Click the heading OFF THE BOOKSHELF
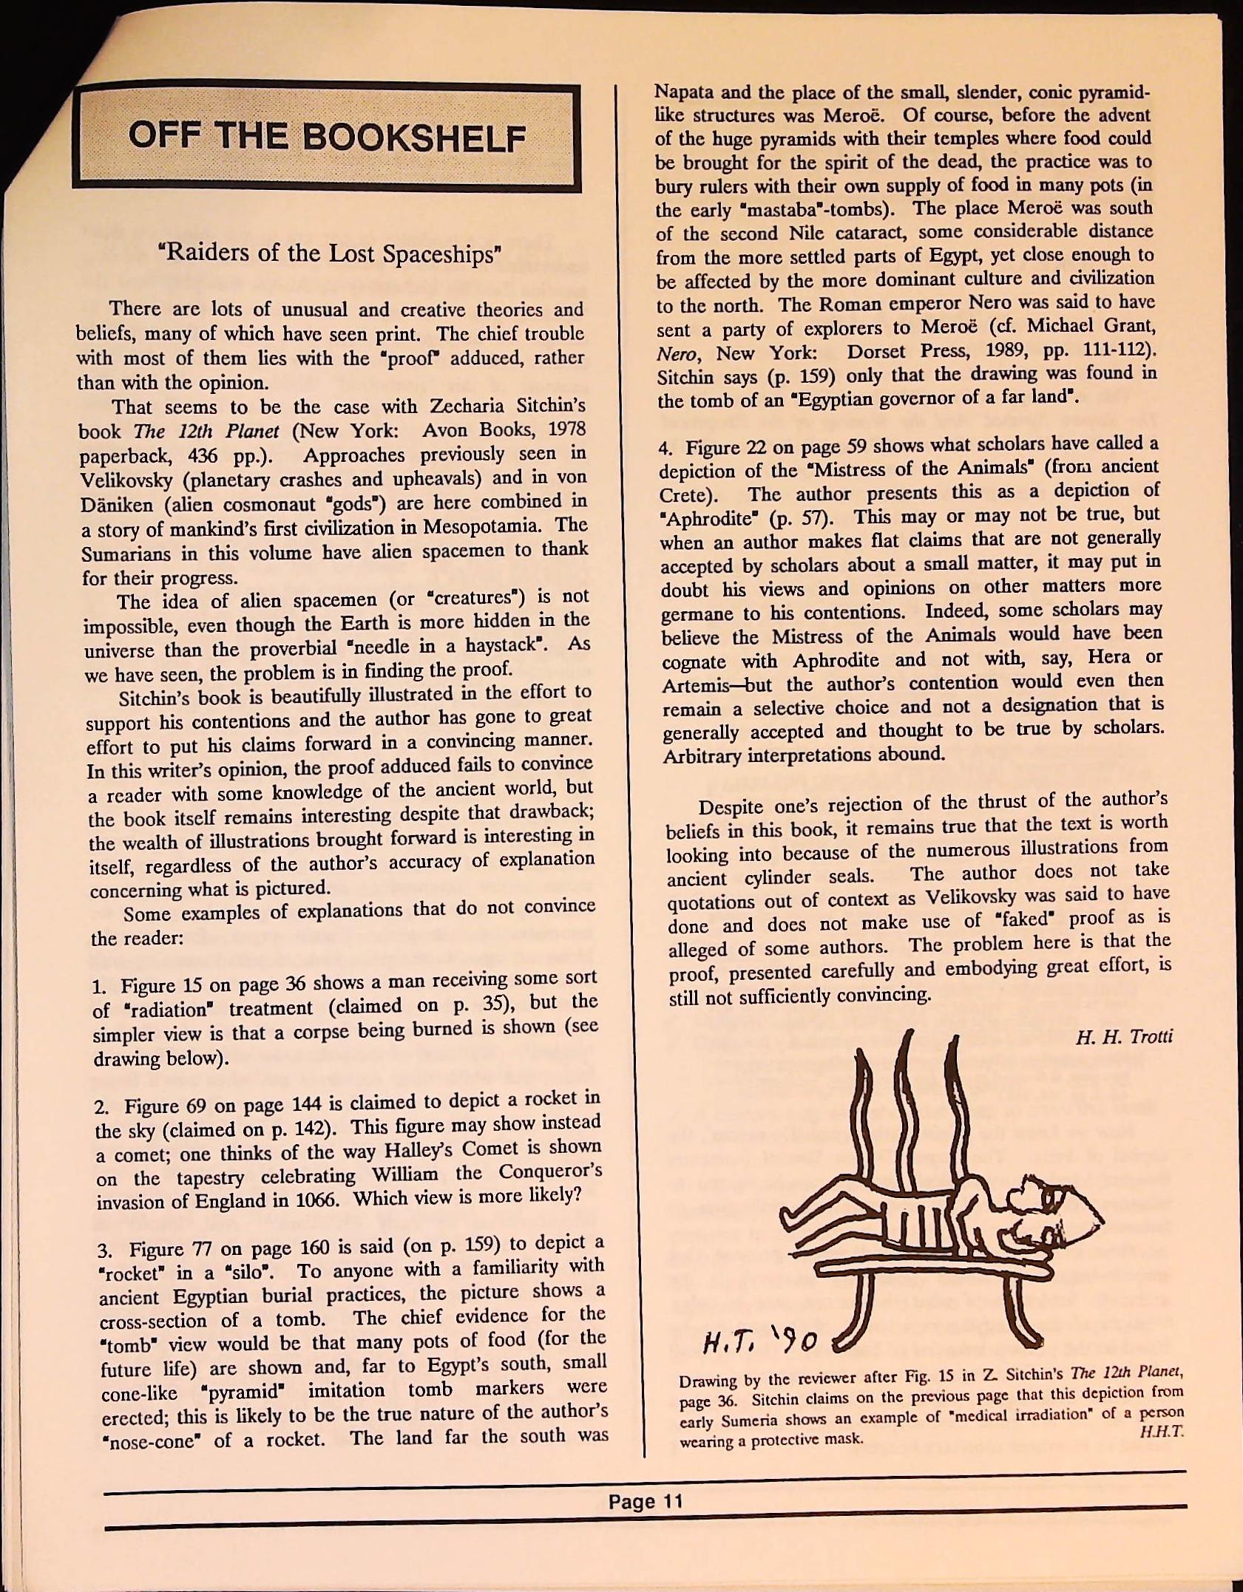coord(326,137)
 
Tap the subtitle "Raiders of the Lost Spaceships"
coord(330,254)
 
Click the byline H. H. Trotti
coord(1124,1036)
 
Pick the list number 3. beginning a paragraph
coord(104,1251)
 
